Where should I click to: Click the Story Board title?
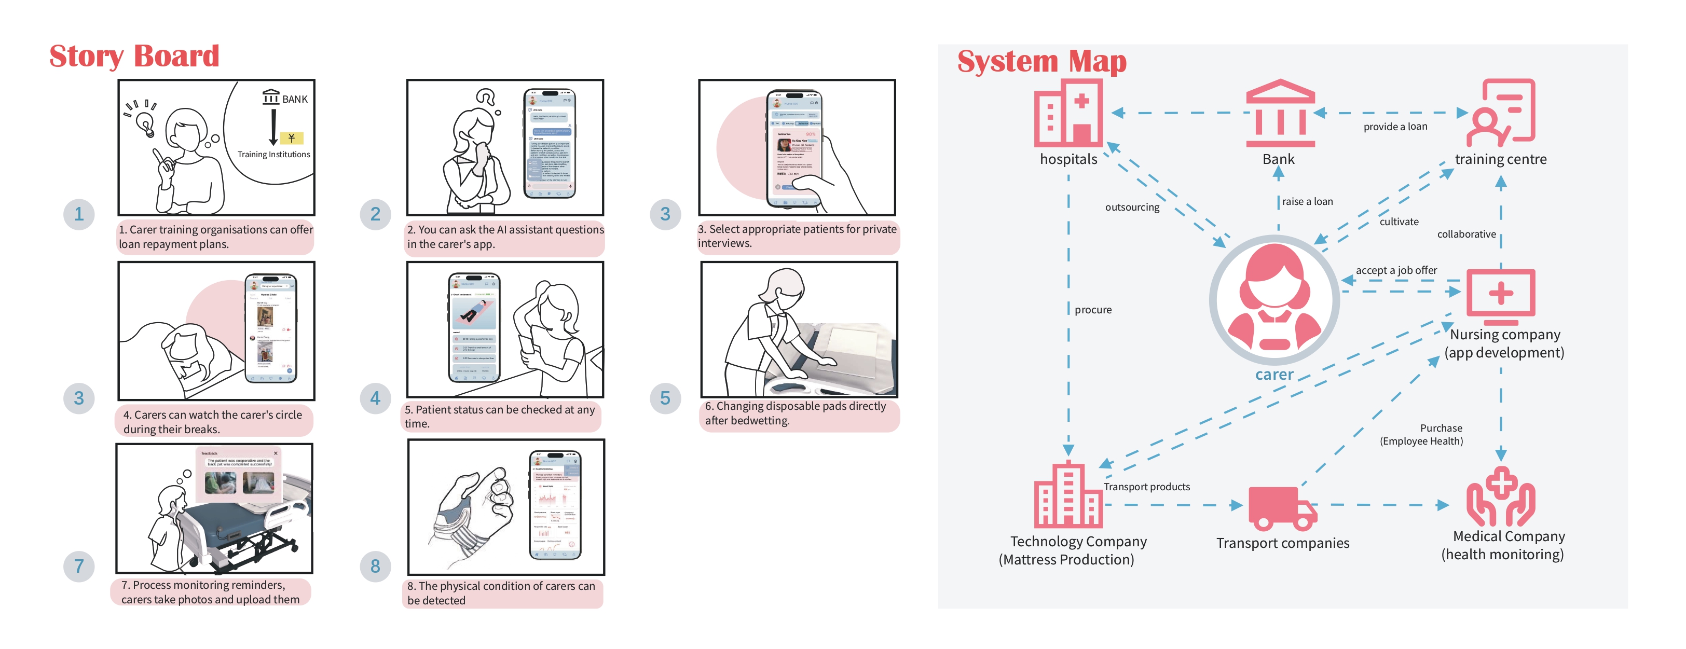[134, 56]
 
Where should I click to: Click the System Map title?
[1041, 62]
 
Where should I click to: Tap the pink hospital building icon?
[1068, 113]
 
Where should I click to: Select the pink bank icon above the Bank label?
[1280, 113]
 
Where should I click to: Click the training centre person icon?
[1500, 113]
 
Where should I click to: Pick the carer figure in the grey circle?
[1273, 300]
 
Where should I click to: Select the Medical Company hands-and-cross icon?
[1500, 496]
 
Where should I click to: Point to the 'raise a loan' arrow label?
[1307, 201]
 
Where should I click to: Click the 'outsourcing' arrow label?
[1132, 208]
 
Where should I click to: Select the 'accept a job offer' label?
[1396, 270]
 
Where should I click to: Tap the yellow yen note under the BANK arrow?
[291, 138]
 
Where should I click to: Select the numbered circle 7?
[78, 566]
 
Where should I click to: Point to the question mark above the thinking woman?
[486, 98]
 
